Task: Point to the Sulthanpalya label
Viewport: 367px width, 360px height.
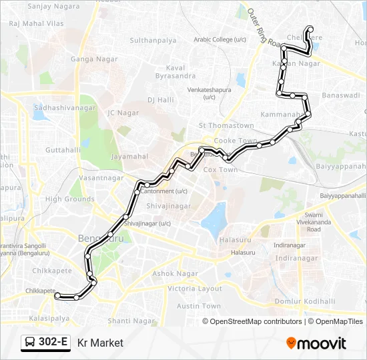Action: tap(153, 41)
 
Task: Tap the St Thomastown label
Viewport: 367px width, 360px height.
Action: tap(226, 125)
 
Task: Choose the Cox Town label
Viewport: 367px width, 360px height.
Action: tap(220, 170)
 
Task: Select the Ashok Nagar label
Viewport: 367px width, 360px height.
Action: tap(173, 274)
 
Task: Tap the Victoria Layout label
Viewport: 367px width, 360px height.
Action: tap(194, 289)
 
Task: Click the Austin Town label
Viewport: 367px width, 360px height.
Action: tap(198, 306)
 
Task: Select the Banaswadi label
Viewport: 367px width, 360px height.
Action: tap(340, 96)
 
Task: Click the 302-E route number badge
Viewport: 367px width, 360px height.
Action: tap(45, 343)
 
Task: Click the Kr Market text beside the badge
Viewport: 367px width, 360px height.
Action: tap(100, 343)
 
